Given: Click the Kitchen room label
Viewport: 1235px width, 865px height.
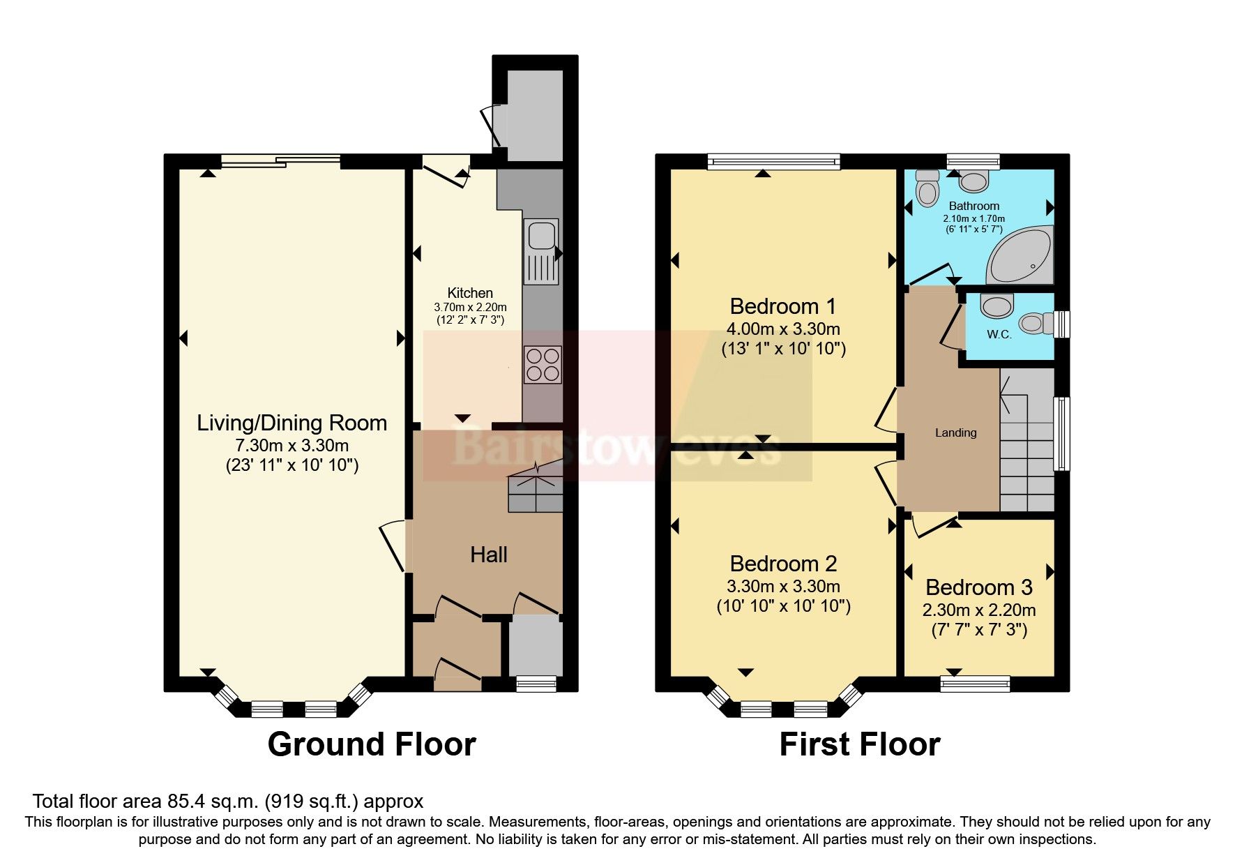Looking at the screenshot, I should point(470,293).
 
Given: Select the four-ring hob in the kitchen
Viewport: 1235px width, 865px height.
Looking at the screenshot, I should point(543,365).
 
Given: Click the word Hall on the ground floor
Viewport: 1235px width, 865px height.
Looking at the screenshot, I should point(488,555).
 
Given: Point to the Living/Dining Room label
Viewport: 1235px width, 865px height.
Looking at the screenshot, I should point(291,423).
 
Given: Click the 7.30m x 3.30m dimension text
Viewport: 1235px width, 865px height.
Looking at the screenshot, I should point(291,445).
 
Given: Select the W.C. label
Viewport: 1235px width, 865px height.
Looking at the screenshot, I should point(999,334).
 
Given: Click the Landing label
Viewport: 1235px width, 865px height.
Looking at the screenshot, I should point(955,433).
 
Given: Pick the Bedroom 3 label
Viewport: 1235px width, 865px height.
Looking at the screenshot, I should point(978,587).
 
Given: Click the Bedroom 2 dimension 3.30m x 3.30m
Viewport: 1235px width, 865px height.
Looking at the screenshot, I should point(783,586).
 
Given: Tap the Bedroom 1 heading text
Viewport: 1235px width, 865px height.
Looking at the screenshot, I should point(782,306).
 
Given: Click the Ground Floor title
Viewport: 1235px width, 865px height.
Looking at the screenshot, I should point(371,744).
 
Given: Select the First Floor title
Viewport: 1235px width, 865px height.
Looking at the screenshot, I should point(859,744).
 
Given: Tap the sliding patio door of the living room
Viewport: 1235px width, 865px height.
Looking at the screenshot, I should point(281,162).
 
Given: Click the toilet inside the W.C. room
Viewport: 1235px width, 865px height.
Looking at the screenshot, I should point(1036,323).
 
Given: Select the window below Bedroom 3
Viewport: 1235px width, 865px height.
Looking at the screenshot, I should point(975,682).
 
